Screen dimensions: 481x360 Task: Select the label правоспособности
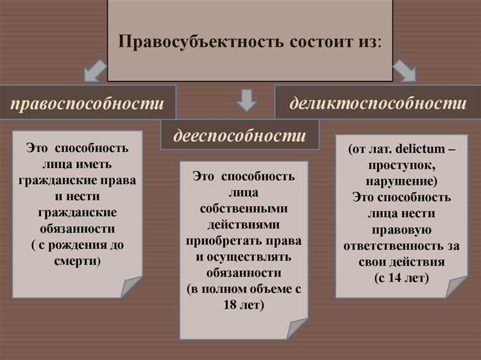click(87, 103)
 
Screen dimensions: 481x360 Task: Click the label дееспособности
click(239, 135)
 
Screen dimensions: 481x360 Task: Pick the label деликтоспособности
click(378, 103)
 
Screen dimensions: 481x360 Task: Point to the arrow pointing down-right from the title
click(405, 70)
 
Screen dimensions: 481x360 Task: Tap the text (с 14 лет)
click(401, 278)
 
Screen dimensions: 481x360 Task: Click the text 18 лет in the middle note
click(244, 304)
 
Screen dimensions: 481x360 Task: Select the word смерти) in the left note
click(77, 261)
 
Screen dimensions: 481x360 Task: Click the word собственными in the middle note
click(243, 209)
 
